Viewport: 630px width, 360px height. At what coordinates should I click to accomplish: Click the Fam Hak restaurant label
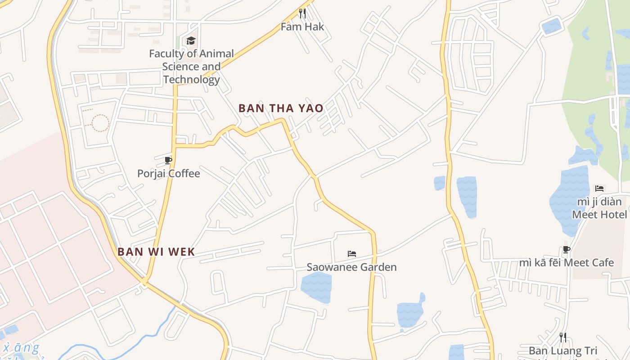[302, 27]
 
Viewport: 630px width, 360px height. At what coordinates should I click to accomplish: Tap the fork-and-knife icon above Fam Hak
[302, 13]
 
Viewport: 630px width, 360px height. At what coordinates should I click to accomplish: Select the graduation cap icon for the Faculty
[191, 40]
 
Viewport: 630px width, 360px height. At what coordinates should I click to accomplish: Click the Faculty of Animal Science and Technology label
[191, 67]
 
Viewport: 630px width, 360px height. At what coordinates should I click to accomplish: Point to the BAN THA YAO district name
[281, 108]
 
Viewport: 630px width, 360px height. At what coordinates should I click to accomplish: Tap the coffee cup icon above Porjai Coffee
[168, 160]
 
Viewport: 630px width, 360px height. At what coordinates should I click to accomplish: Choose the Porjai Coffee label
[168, 173]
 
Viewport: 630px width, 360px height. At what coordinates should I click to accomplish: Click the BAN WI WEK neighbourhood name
[156, 252]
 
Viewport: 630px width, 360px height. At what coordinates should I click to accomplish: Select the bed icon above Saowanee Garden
[352, 254]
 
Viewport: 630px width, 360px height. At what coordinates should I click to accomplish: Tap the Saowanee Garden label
[351, 267]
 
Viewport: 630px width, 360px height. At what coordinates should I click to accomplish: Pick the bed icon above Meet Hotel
[599, 188]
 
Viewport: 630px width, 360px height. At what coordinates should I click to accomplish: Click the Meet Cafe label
[567, 262]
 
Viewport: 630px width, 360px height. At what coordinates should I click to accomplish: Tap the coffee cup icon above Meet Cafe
[567, 249]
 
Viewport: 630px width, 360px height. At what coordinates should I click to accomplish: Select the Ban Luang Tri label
[562, 351]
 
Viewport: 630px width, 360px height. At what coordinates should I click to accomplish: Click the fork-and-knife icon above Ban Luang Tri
[562, 337]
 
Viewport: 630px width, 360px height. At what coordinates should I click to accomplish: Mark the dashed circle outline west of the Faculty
[100, 122]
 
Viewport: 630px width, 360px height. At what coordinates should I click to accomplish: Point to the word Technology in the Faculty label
[191, 80]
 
